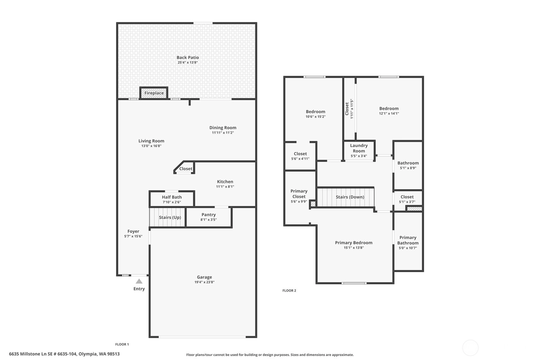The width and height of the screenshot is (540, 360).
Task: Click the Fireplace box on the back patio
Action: point(154,93)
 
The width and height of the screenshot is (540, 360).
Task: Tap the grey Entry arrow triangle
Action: point(139,281)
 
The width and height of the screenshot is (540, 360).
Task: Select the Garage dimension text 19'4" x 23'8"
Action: point(204,282)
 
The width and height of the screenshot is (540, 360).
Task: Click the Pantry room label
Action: point(208,215)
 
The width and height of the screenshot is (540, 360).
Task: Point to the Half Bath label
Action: point(172,197)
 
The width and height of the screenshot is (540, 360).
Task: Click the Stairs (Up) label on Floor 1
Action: point(170,217)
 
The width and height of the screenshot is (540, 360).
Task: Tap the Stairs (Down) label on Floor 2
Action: point(350,197)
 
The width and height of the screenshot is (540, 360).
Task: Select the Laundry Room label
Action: point(359,148)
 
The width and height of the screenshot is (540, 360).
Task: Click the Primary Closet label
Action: point(299,194)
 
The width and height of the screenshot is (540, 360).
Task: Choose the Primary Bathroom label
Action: point(408,240)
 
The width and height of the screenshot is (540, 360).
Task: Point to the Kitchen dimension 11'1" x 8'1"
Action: point(225,187)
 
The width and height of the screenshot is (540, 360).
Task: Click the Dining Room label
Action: point(223,128)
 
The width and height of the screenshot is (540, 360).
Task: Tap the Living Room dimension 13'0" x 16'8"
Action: point(151,146)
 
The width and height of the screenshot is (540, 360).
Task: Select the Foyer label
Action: point(133,231)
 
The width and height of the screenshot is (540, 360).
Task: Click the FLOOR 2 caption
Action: point(289,291)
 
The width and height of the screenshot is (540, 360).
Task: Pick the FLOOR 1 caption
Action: point(122,344)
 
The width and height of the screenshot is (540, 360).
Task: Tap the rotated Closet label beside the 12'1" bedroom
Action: point(347,109)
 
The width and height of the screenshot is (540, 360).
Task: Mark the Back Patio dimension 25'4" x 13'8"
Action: point(188,62)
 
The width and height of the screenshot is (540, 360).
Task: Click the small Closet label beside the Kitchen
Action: point(186,169)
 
